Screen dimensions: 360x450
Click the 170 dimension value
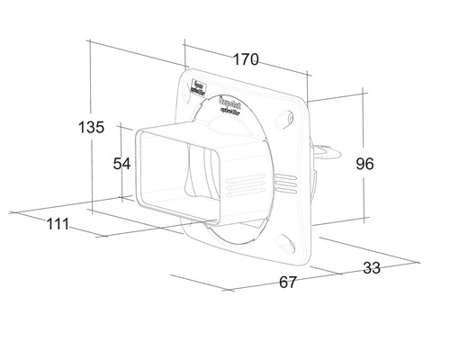(x=245, y=60)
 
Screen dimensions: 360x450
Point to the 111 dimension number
(x=58, y=224)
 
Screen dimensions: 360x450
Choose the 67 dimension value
(x=288, y=282)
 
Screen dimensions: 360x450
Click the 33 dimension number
(x=370, y=266)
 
